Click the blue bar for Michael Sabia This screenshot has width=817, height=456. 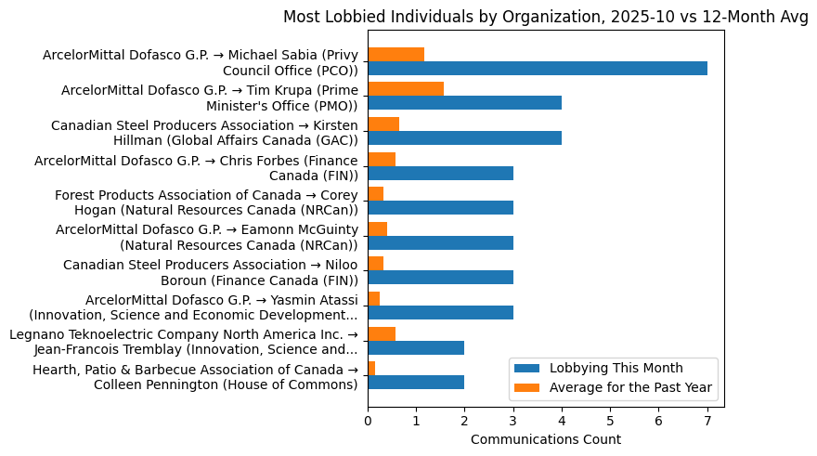(x=538, y=68)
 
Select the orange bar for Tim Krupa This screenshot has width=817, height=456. (x=406, y=89)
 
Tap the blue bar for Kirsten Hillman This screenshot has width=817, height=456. (x=464, y=137)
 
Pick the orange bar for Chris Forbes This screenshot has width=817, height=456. (x=382, y=159)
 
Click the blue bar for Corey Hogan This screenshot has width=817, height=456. (x=440, y=207)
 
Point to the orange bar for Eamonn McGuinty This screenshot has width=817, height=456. (x=377, y=228)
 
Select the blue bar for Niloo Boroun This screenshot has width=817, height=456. (x=440, y=277)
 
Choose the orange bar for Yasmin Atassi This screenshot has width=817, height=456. (x=373, y=298)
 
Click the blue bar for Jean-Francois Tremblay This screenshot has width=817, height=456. (x=416, y=347)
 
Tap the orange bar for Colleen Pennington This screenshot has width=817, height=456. (x=371, y=368)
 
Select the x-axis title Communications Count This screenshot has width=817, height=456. (x=546, y=438)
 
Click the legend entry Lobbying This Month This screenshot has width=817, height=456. (x=616, y=369)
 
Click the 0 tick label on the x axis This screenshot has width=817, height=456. (x=368, y=421)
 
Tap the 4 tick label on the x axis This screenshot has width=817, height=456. (x=562, y=421)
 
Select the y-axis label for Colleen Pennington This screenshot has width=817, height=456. (x=195, y=378)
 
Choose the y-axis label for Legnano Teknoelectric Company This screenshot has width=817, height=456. (x=183, y=342)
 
